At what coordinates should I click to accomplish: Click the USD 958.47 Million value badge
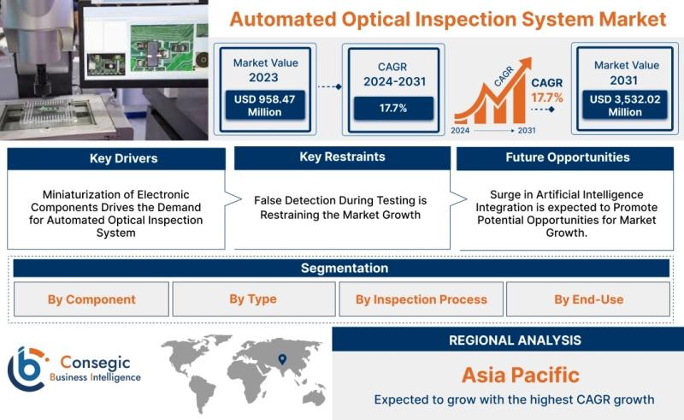click(265, 105)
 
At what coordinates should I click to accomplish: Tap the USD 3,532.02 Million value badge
click(625, 105)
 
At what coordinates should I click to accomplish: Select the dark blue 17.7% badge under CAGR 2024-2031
click(393, 108)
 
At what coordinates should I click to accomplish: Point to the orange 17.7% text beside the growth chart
click(547, 98)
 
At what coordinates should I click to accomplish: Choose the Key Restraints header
click(343, 157)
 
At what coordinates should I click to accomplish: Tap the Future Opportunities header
click(565, 158)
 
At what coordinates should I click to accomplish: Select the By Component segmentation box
click(91, 299)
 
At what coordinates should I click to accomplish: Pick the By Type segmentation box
click(254, 299)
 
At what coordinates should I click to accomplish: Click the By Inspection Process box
click(421, 299)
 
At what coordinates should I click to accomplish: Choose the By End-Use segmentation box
click(588, 299)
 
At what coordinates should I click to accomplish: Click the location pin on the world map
click(282, 359)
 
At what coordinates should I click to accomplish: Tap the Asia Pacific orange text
click(521, 375)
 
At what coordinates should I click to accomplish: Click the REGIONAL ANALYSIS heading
click(516, 340)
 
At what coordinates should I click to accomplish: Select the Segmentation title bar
click(341, 268)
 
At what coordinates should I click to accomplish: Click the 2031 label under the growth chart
click(527, 130)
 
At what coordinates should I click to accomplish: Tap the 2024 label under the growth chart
click(460, 130)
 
